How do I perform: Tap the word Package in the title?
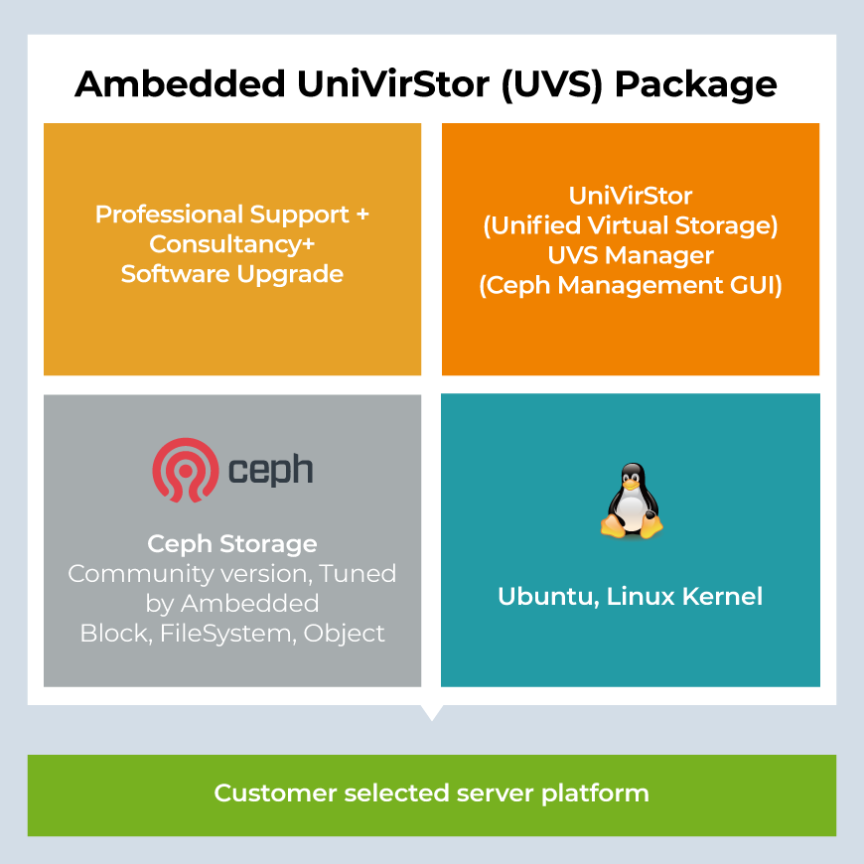point(695,84)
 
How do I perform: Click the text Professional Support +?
point(232,215)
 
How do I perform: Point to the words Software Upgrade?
point(232,274)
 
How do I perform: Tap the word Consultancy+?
point(232,244)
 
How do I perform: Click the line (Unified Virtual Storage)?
point(631,225)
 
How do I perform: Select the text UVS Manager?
point(631,255)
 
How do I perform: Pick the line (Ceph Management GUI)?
point(631,286)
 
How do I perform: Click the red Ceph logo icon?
point(185,470)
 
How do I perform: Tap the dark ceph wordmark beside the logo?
point(270,470)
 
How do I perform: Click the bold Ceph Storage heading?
point(232,544)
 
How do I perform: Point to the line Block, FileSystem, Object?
point(232,633)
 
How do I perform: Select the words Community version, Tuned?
point(232,574)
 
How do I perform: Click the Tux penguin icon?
point(631,504)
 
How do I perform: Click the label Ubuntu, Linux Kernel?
point(631,597)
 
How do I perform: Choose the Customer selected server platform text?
point(432,793)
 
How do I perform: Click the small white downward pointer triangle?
point(432,712)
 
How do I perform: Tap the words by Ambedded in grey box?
point(232,604)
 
